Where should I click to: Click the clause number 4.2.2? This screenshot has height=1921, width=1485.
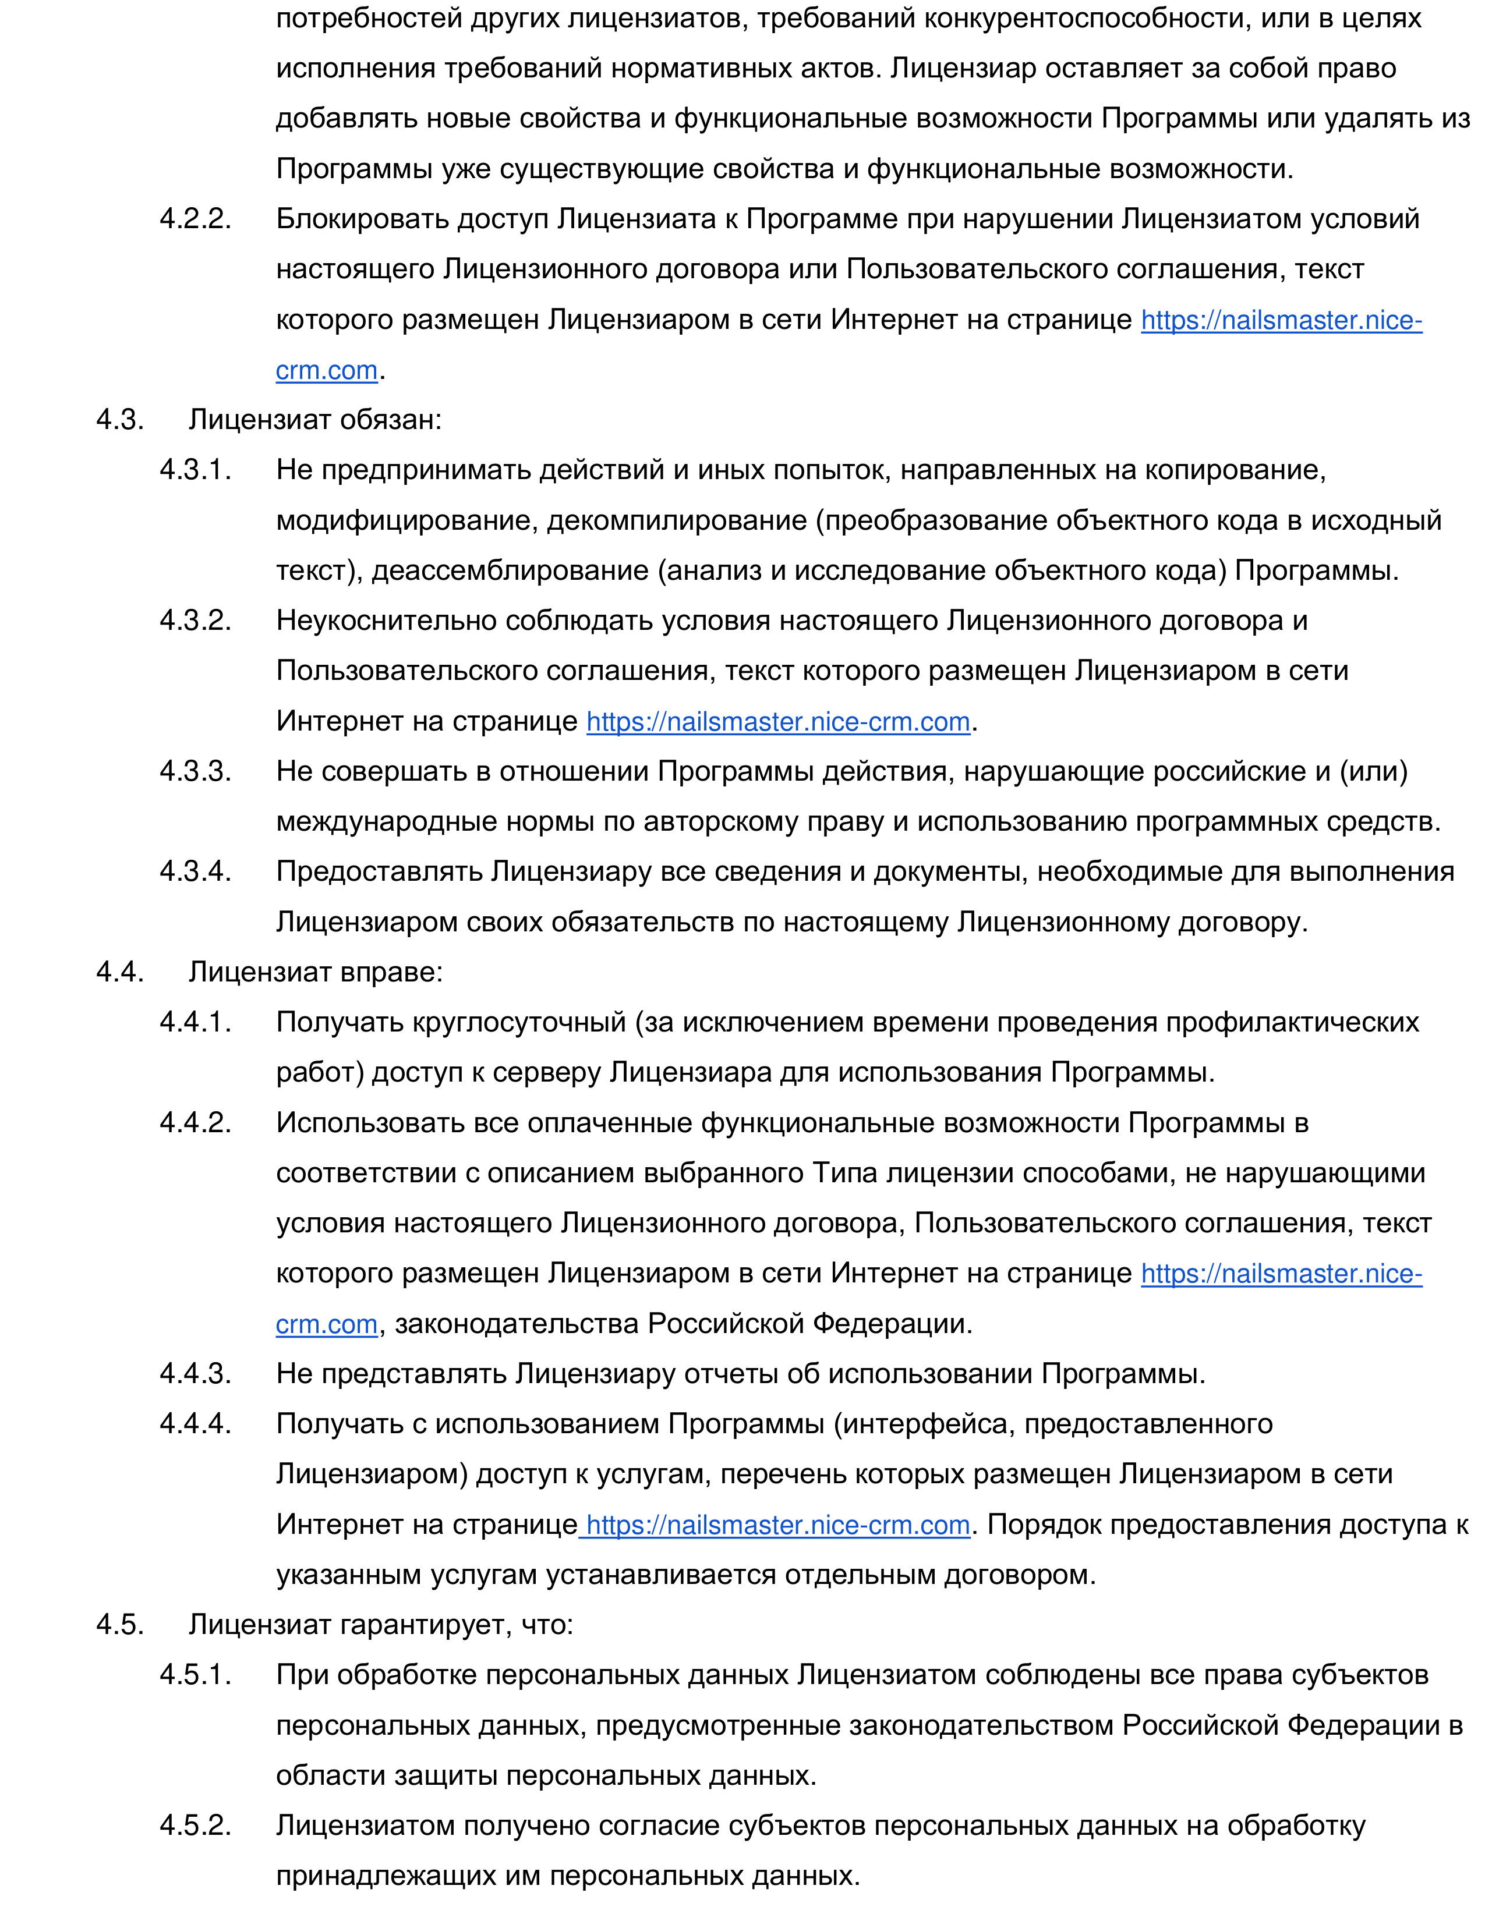pyautogui.click(x=195, y=219)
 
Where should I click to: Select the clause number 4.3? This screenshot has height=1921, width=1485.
pyautogui.click(x=119, y=420)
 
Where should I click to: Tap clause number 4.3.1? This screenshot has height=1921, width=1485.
pyautogui.click(x=195, y=470)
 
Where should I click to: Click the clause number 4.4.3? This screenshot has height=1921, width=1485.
pyautogui.click(x=195, y=1373)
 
